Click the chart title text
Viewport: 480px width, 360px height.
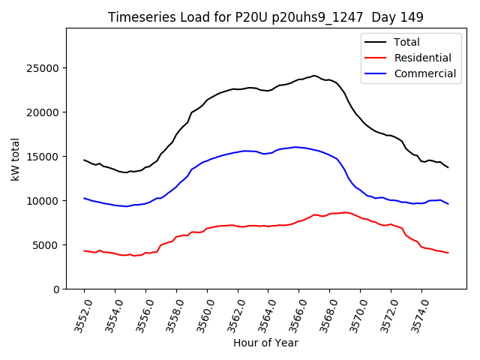point(265,17)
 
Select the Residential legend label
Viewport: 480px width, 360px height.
point(423,58)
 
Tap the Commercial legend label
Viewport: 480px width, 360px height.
point(425,73)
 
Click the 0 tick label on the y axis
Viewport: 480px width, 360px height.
point(57,289)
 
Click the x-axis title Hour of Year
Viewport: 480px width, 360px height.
point(265,343)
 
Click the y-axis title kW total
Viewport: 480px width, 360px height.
point(15,158)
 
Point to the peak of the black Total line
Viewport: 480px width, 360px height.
point(314,76)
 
